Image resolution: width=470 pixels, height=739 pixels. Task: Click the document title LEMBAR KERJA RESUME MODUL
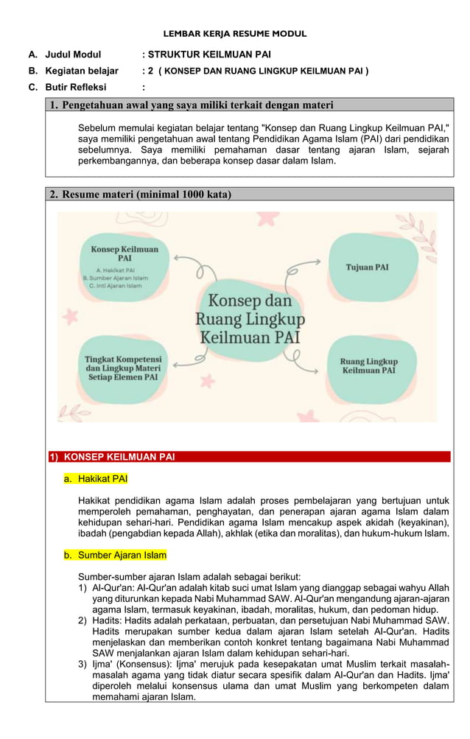(234, 34)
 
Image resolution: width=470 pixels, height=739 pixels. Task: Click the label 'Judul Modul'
(73, 55)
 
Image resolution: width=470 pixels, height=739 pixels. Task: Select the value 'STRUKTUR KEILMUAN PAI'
(209, 55)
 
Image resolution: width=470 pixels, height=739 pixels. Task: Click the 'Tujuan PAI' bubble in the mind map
(367, 267)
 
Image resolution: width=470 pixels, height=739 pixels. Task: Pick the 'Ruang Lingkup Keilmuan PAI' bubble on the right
(368, 366)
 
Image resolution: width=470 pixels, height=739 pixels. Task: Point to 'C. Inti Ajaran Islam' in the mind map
(114, 286)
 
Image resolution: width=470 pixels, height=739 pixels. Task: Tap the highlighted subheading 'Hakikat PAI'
(102, 479)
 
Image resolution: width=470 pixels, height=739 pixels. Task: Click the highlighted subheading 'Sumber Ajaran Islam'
(122, 555)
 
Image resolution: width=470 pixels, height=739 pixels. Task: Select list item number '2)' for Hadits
(83, 621)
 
